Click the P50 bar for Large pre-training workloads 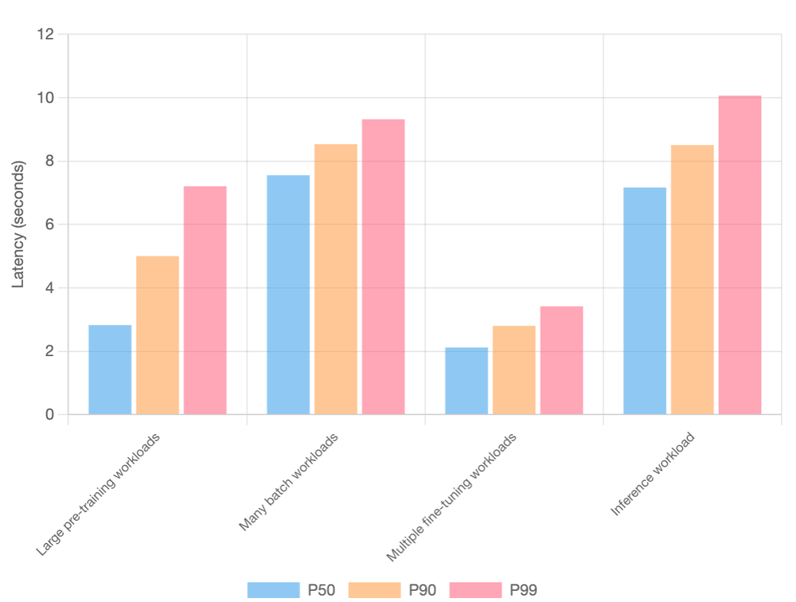click(110, 369)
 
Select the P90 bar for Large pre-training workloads click(158, 335)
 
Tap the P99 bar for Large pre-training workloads click(205, 300)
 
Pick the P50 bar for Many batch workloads click(288, 295)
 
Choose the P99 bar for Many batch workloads click(384, 267)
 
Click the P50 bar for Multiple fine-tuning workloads click(466, 381)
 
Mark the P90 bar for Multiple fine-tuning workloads click(514, 370)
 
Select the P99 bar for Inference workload click(740, 255)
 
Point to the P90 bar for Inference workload click(693, 279)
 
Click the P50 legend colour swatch click(273, 590)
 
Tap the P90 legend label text click(423, 590)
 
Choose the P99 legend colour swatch click(475, 590)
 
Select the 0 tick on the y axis click(49, 414)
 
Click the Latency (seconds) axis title click(18, 224)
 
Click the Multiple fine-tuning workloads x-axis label click(452, 497)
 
